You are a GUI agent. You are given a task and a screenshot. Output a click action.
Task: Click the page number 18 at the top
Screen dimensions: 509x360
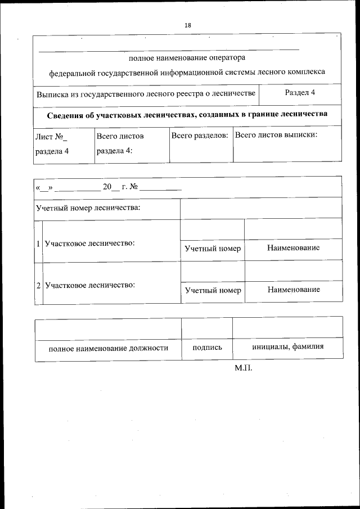coord(187,25)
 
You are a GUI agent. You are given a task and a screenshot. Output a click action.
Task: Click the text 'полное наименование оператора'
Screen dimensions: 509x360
coord(187,57)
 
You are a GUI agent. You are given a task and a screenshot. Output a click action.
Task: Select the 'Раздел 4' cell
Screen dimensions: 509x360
coord(300,92)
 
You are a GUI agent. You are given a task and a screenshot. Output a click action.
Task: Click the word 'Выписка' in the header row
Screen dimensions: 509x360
coord(51,93)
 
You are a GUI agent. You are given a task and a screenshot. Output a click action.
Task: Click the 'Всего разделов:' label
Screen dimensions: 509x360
coord(200,136)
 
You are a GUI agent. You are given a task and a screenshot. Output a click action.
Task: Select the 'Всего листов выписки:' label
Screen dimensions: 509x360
coord(276,136)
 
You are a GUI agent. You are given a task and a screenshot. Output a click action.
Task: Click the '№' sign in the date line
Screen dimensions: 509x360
coord(134,187)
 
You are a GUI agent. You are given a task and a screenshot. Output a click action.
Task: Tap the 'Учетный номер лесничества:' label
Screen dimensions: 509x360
coord(88,208)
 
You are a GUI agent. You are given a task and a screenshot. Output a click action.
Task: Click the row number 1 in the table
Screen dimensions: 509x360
coord(38,244)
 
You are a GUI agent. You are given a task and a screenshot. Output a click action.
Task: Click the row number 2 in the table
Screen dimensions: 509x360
coord(38,286)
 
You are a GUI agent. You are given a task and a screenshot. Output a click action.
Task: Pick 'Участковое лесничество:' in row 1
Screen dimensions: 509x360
coord(89,244)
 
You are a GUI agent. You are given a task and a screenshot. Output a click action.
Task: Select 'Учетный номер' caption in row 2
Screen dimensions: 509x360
coord(213,290)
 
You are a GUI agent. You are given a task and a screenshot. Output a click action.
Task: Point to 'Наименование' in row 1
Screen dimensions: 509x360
coord(293,248)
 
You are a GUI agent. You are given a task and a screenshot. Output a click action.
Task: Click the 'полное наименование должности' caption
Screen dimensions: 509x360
coord(109,348)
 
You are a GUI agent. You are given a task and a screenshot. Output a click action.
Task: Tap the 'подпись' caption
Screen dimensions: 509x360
coord(207,348)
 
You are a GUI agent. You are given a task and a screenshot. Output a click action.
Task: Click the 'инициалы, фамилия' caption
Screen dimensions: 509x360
coord(287,346)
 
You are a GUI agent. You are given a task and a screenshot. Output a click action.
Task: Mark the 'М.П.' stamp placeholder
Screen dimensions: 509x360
coord(244,368)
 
